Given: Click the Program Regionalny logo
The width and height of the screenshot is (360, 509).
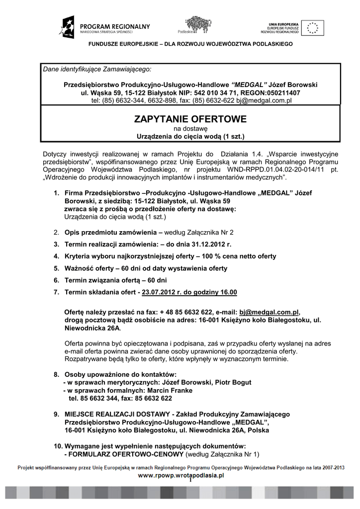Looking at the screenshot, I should [104, 27].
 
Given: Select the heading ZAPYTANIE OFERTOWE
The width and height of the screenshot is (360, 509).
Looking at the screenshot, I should [190, 119].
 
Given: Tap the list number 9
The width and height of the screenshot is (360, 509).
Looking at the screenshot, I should [56, 415].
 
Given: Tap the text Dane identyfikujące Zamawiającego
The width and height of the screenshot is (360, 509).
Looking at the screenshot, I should [97, 69].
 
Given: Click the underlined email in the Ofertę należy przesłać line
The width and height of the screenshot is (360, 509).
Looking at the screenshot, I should [269, 312].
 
